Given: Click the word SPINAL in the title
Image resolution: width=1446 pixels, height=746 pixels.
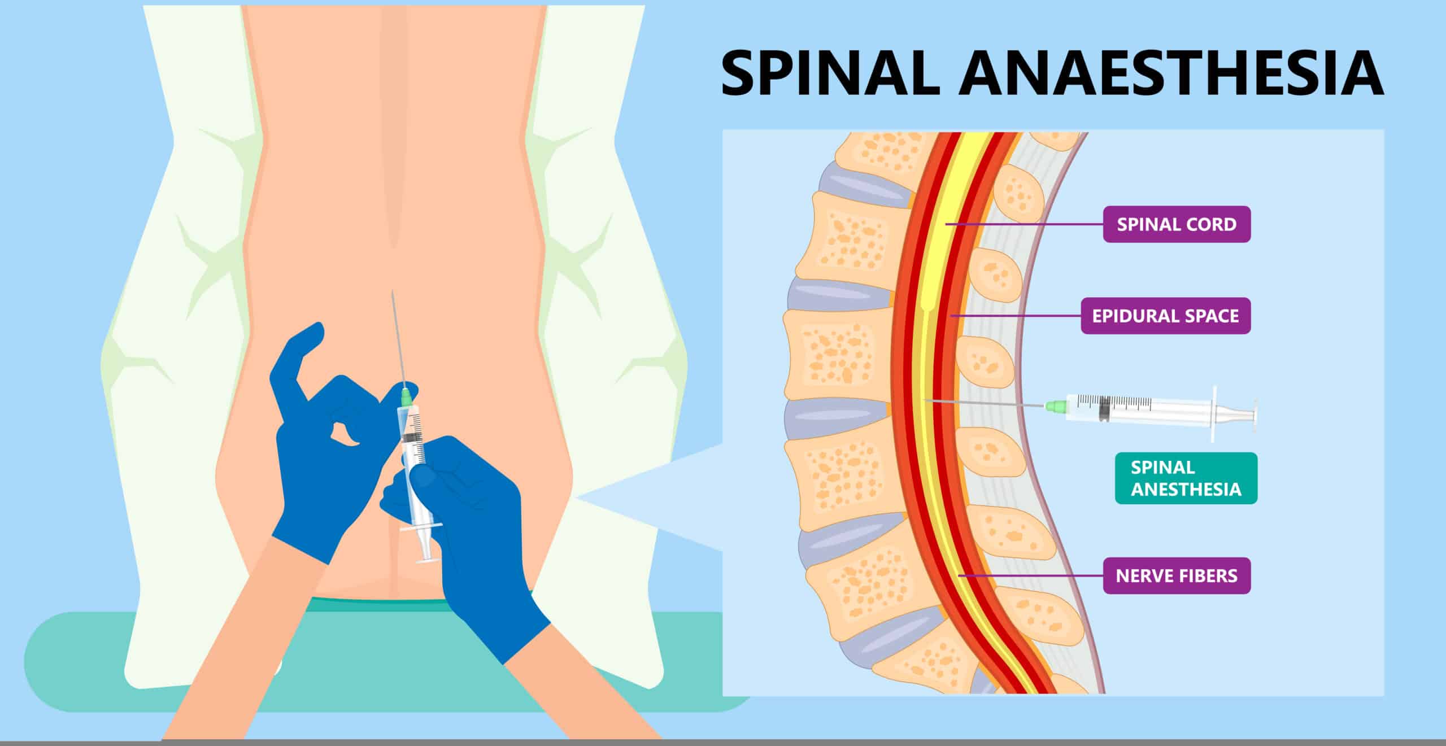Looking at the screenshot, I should (x=830, y=74).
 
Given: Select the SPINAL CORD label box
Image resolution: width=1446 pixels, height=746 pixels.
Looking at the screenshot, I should (x=1177, y=224).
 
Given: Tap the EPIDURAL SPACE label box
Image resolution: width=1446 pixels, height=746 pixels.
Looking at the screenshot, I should (x=1165, y=316).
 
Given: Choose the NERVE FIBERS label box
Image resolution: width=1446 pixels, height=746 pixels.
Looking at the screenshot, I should (x=1177, y=575).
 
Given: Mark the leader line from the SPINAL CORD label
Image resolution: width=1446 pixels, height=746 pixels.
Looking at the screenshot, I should (x=1022, y=224).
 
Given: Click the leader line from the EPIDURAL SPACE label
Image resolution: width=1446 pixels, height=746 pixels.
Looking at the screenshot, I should (x=1017, y=316).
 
